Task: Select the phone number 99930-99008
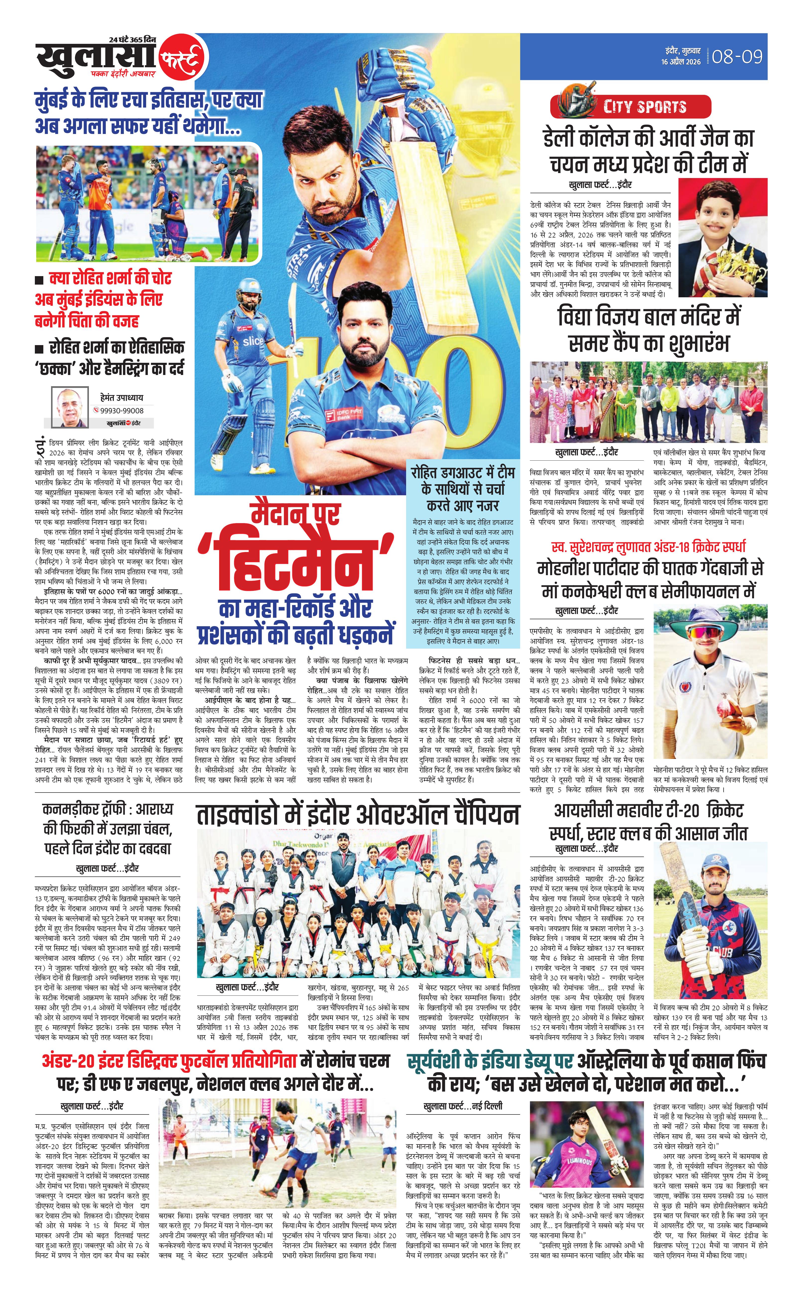point(122,410)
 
